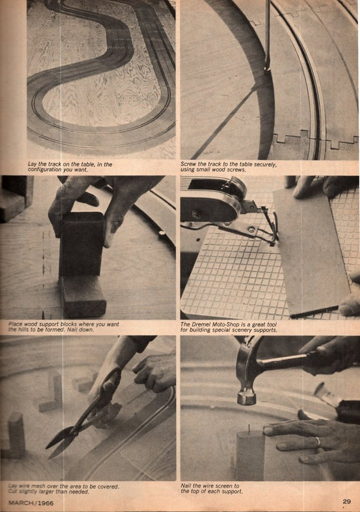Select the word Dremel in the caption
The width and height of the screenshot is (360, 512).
pos(206,324)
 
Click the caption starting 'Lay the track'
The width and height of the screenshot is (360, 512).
pos(70,167)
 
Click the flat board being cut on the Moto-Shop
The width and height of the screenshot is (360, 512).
pos(309,250)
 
